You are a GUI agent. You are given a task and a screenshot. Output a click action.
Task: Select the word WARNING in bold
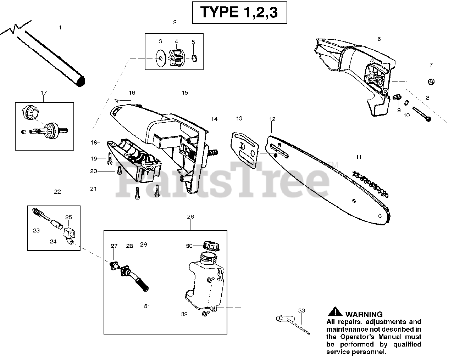click(364, 314)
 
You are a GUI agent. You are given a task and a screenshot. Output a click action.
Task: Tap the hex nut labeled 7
click(431, 81)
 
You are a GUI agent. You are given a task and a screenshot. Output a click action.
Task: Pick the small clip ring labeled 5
click(194, 57)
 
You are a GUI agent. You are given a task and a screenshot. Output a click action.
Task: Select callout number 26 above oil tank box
click(190, 216)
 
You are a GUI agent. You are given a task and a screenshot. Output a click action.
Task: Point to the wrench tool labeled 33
click(289, 322)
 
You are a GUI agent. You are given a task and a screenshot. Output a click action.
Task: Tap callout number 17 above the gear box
click(44, 93)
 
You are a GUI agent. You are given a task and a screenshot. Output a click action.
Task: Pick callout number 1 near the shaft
click(60, 27)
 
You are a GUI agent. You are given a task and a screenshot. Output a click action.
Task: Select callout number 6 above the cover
click(379, 39)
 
